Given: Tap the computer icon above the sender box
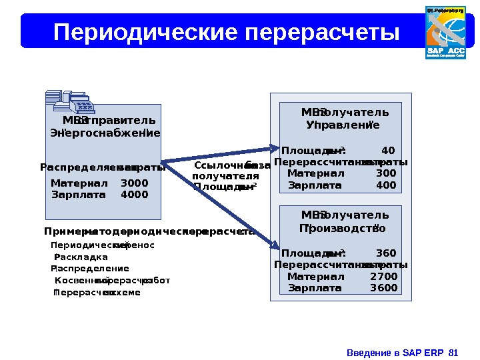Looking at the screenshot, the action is coord(70,101).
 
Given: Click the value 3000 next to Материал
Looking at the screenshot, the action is coord(135,183).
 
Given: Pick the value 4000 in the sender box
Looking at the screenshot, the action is coord(135,195).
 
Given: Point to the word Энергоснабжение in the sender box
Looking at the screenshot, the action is coord(105,133).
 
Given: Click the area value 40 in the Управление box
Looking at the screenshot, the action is coord(388,150).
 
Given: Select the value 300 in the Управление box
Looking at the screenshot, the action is coord(386,173).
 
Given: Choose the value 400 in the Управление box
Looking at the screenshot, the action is coord(386,185).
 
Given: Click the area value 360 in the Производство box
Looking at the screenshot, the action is coord(386,253).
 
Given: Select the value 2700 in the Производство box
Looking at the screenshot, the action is coord(384,277).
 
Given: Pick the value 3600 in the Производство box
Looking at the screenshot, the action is coord(384,288).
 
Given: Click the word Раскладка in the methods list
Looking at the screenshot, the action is coord(81,257).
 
